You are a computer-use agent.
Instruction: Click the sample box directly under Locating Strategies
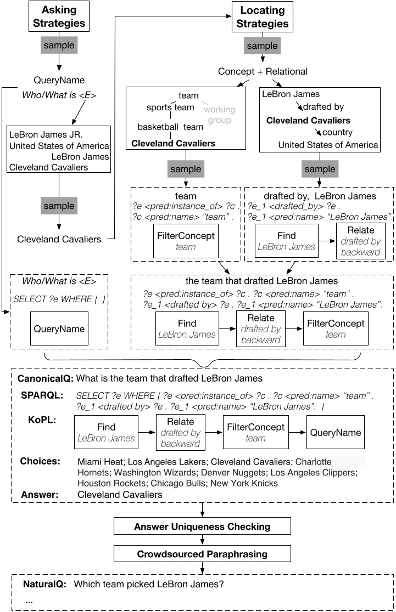coord(262,46)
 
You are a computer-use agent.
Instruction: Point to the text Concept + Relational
coord(262,72)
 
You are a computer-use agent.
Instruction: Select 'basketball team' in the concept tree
coord(170,127)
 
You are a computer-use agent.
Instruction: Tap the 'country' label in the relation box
coord(337,133)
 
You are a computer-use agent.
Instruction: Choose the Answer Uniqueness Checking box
coord(202,527)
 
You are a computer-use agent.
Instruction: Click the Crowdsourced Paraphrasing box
coord(202,554)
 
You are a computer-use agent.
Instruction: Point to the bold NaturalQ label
coord(44,585)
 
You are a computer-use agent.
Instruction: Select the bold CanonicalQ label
coord(46,378)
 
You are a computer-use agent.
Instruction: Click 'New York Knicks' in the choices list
coord(249,483)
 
